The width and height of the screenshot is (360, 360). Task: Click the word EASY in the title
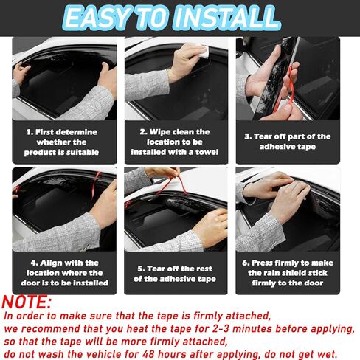97,18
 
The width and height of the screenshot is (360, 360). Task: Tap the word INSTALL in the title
227,18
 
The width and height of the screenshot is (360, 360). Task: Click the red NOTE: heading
27,302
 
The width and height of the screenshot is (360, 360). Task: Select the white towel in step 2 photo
204,51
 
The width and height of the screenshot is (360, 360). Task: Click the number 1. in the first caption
30,132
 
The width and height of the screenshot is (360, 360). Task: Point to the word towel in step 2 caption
207,152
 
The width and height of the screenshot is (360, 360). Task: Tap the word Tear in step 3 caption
262,136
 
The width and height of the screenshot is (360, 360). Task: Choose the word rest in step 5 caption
204,269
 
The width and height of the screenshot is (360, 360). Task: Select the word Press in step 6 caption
262,263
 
